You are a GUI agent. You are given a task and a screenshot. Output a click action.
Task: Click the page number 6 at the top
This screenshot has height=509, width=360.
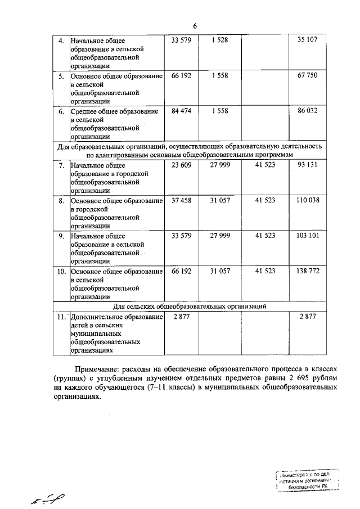point(195,26)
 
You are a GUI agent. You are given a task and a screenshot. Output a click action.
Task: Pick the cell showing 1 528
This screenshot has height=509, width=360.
point(220,40)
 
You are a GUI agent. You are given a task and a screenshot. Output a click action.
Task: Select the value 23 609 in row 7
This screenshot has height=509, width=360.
point(181,166)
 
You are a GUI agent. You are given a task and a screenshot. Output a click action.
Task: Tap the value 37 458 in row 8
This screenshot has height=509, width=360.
point(181,200)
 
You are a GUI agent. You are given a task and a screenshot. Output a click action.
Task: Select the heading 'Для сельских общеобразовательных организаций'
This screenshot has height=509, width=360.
point(190,306)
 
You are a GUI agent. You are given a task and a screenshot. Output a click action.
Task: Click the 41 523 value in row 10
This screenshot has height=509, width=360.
point(265,271)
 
